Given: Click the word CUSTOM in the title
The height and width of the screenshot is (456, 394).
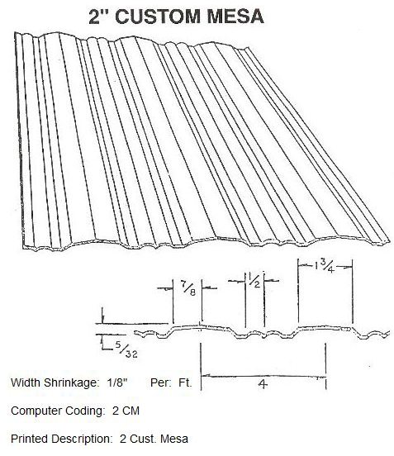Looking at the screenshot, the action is pos(158,17).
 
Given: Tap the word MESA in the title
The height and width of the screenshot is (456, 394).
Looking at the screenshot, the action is pos(235,17).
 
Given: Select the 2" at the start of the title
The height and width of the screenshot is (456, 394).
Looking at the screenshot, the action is pos(98,17).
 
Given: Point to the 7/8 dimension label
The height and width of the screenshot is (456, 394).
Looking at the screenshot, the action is pos(189,288).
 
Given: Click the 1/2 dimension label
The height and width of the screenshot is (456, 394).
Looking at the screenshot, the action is pos(254,280).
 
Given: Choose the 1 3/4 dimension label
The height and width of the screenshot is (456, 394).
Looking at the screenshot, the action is pos(325,267).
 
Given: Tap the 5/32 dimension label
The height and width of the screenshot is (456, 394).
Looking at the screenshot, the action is pos(126,349).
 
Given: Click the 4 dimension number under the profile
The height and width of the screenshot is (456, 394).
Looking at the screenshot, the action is pos(263,384).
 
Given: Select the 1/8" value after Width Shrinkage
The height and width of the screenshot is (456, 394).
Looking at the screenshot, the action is pos(117,382).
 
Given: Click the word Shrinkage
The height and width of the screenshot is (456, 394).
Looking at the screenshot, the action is pos(70,383).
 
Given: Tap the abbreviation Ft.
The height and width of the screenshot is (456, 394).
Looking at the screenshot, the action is pos(185,382).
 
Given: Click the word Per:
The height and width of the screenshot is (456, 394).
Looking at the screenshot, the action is pos(160,382).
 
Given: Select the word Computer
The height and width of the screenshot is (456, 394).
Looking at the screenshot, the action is pos(36,411).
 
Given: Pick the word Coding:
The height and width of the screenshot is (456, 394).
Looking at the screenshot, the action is pos(84,411).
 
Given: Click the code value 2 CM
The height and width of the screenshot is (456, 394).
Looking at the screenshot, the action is pos(126,411).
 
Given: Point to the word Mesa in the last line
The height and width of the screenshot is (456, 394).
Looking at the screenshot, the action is pos(174,439).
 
